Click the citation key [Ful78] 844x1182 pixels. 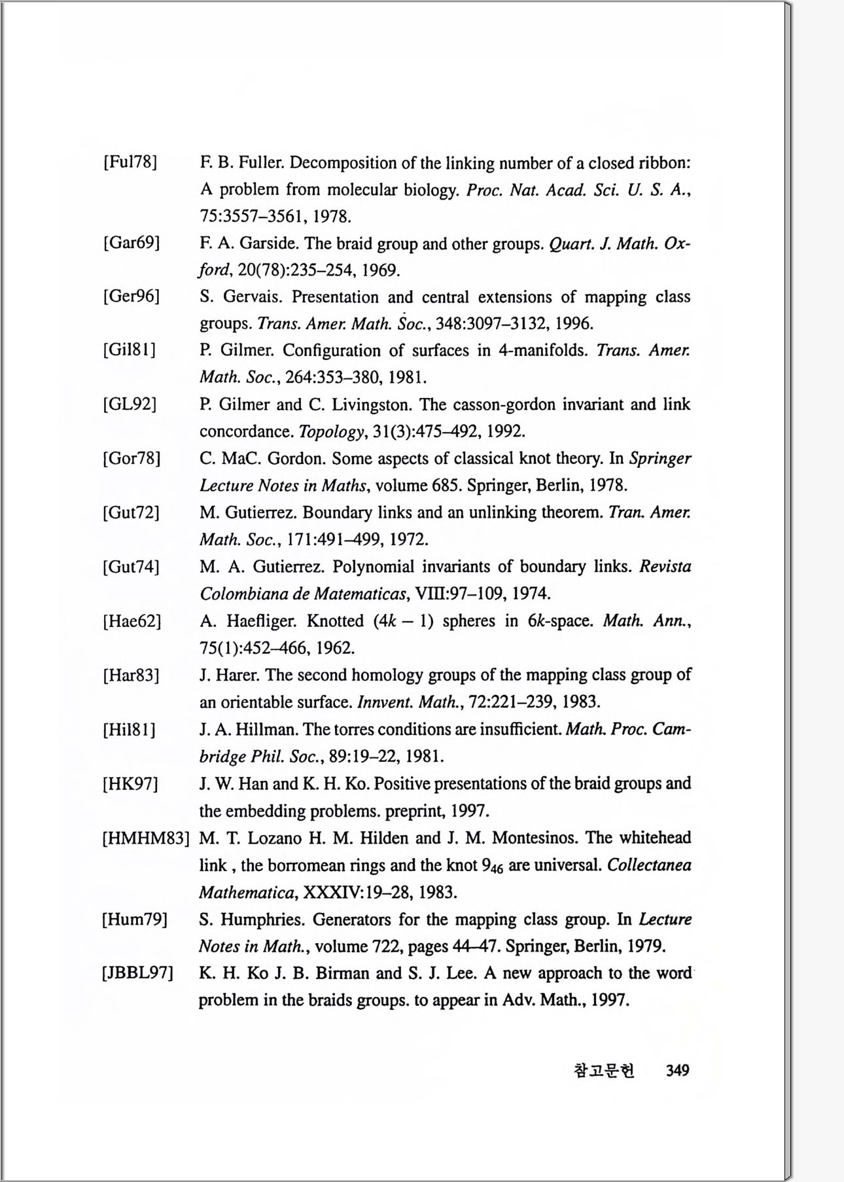[130, 162]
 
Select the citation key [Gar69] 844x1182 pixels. [131, 243]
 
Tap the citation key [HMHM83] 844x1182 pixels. [145, 838]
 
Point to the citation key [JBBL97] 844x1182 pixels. [137, 973]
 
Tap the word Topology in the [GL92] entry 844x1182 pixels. [330, 432]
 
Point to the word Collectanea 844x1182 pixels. [649, 865]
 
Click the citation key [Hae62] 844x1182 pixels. [132, 620]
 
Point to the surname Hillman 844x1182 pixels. [268, 730]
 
